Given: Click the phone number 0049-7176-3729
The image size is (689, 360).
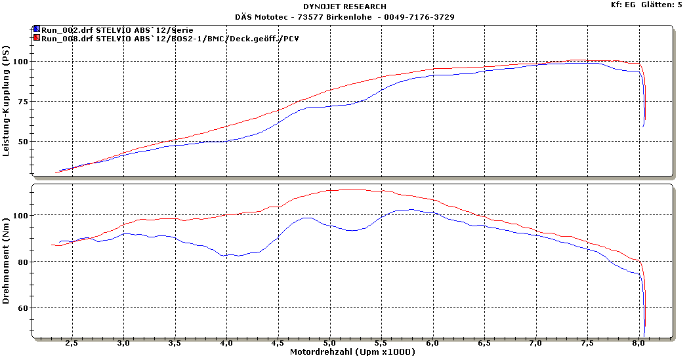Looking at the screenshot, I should [x=423, y=17].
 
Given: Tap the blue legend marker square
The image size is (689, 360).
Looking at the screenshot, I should [x=36, y=30].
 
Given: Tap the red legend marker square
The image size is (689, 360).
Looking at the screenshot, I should [x=36, y=38].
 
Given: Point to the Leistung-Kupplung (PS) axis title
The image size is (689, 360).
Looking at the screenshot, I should [x=7, y=106].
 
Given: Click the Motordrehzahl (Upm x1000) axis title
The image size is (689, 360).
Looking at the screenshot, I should [x=352, y=353].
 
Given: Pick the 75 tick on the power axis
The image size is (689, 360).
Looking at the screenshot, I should [x=23, y=102].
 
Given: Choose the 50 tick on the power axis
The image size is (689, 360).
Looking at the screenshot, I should [x=23, y=142].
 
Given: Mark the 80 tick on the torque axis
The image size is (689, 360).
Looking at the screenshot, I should [x=23, y=262].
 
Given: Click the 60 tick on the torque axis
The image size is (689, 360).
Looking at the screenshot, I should [x=23, y=308].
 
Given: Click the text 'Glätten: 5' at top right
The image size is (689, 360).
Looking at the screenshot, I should [x=663, y=5].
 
